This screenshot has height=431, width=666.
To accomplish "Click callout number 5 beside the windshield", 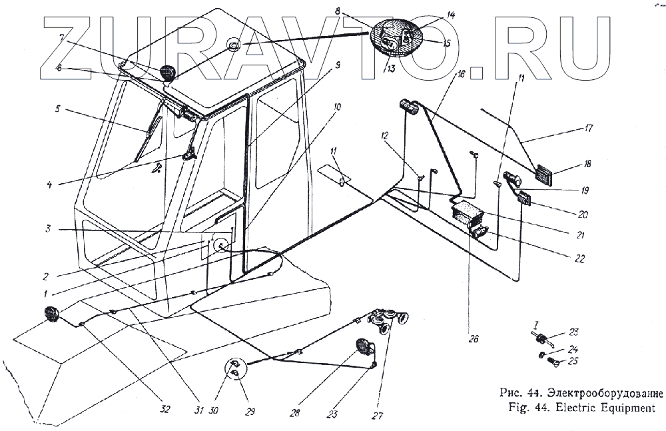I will tap(57, 108).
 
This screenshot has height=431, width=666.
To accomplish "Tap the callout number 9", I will tap(338, 65).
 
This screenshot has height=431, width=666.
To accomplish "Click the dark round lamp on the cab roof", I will tap(166, 72).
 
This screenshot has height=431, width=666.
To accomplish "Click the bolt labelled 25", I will tap(551, 362).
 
